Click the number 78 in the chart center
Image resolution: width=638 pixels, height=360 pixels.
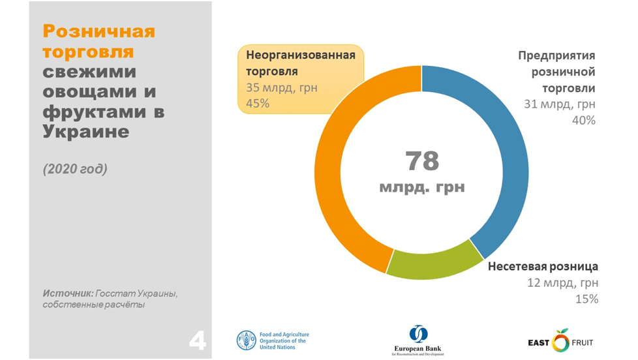(422, 160)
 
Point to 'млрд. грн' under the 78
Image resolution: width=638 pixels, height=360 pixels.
(422, 187)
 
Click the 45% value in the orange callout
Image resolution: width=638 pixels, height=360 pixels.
(258, 103)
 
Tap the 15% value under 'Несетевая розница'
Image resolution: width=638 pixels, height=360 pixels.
(586, 299)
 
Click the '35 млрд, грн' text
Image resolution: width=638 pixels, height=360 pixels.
(281, 87)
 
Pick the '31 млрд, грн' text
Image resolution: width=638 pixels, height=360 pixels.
(560, 104)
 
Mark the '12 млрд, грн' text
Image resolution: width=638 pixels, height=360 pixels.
(563, 283)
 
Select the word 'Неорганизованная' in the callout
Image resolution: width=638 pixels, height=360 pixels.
(300, 55)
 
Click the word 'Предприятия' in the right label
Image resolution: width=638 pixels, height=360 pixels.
(557, 55)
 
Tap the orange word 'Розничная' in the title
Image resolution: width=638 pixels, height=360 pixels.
(99, 31)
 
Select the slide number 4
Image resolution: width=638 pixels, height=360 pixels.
(198, 340)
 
